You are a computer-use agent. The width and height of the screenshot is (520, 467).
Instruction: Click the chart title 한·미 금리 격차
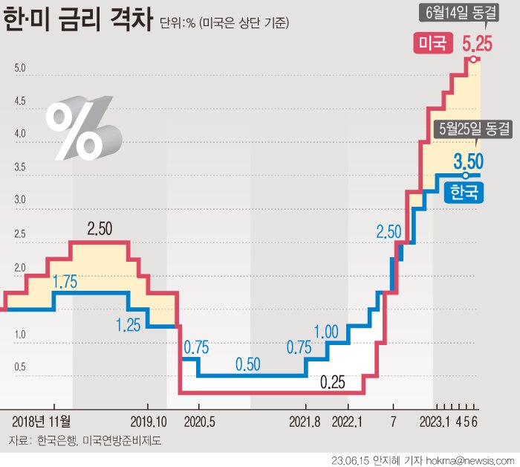(x=78, y=20)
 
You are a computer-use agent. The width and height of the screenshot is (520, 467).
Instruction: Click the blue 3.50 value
(x=469, y=161)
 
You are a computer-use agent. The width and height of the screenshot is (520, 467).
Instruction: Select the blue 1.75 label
(x=65, y=283)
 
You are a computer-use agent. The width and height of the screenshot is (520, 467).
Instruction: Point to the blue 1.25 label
(x=129, y=324)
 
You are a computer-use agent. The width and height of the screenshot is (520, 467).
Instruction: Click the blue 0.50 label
(x=248, y=364)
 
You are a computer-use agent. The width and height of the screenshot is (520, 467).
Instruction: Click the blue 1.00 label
(x=326, y=331)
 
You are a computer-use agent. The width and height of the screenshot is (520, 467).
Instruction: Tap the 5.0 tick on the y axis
(x=20, y=68)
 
